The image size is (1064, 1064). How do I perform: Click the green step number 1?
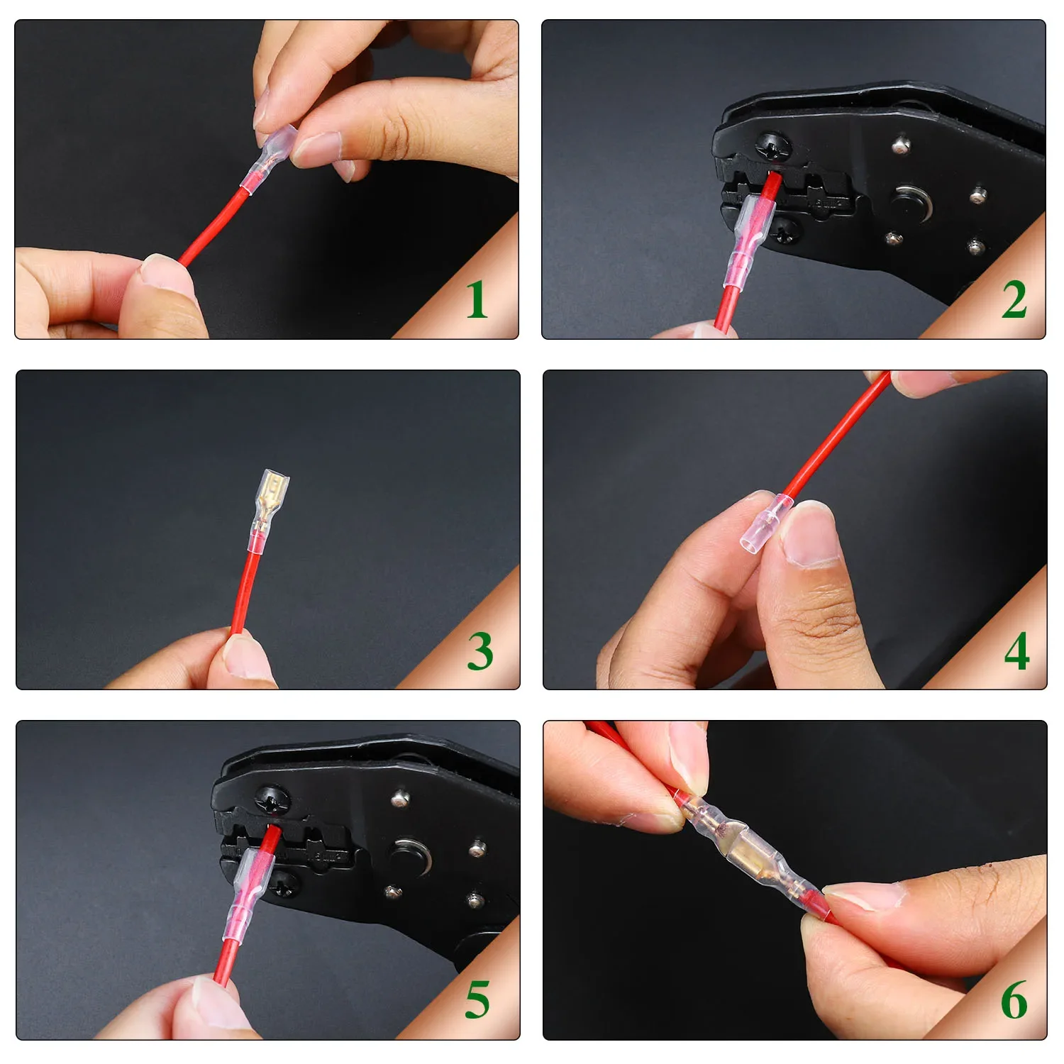click(x=477, y=299)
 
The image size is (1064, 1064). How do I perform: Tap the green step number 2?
click(x=1014, y=299)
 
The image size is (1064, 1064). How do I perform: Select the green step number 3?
click(x=480, y=651)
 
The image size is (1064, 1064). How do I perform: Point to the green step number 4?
click(x=1016, y=651)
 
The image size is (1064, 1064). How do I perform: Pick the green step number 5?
click(x=477, y=1000)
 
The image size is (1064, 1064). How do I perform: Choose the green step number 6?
click(x=1014, y=1000)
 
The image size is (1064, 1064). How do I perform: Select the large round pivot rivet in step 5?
click(x=408, y=855)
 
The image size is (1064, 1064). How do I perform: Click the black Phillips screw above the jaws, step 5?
click(x=272, y=800)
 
